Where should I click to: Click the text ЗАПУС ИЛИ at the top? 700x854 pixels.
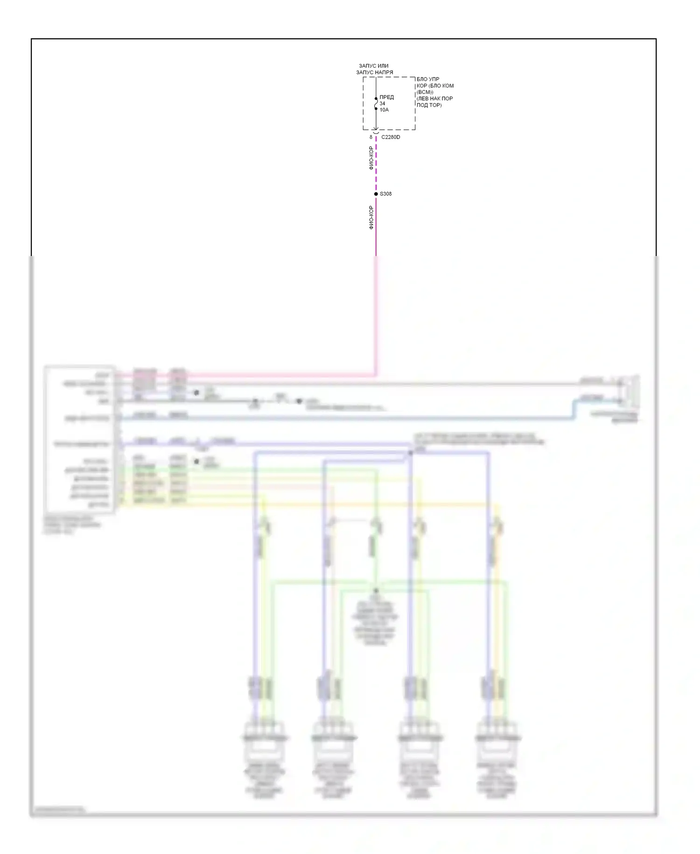coord(373,66)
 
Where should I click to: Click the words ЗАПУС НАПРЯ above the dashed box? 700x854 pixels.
coord(374,72)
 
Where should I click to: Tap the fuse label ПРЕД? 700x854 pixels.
coord(386,97)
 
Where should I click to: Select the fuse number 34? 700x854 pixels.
coord(382,104)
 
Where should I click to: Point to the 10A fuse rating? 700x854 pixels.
coord(384,110)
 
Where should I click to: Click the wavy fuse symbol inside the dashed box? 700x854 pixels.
coord(376,104)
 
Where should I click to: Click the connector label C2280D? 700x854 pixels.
coord(391,137)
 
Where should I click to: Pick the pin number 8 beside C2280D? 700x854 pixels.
coord(371,137)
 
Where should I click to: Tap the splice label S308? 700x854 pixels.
coord(385,194)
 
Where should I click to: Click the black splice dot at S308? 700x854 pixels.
coord(376,194)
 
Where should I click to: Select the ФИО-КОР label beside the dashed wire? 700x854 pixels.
coord(371,158)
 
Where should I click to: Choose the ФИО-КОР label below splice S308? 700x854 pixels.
coord(371,217)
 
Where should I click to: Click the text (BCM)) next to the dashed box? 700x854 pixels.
coord(425,92)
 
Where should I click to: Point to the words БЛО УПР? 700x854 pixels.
coord(428,79)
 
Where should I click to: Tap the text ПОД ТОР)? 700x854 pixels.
coord(429,105)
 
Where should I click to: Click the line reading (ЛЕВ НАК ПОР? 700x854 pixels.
coord(434,99)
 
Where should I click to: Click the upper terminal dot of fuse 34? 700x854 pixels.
coord(376,99)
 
